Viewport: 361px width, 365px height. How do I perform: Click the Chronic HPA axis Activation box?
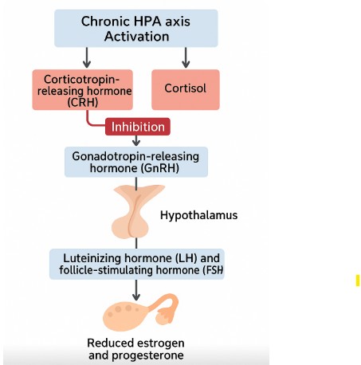pyautogui.click(x=136, y=29)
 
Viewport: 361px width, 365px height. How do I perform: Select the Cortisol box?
pyautogui.click(x=186, y=89)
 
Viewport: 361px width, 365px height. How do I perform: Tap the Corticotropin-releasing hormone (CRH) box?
pyautogui.click(x=83, y=89)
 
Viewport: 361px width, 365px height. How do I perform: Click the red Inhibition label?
pyautogui.click(x=138, y=127)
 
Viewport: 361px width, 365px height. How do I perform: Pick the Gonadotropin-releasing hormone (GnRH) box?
pyautogui.click(x=136, y=162)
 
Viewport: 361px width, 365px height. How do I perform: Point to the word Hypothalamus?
pyautogui.click(x=198, y=215)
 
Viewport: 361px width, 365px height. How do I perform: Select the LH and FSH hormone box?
pyautogui.click(x=137, y=264)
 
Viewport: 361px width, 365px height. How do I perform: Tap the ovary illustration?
pyautogui.click(x=140, y=312)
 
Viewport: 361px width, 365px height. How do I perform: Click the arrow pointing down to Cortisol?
pyautogui.click(x=186, y=57)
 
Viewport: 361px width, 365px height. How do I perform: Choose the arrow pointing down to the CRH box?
pyautogui.click(x=87, y=57)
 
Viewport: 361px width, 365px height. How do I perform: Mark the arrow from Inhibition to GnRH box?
pyautogui.click(x=136, y=140)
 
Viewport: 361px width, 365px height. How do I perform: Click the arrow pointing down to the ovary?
pyautogui.click(x=136, y=290)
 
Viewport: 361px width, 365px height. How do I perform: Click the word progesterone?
pyautogui.click(x=147, y=355)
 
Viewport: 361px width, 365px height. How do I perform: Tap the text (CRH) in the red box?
pyautogui.click(x=83, y=102)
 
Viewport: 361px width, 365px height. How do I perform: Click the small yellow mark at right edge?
pyautogui.click(x=358, y=281)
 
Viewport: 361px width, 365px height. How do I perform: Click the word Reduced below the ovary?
pyautogui.click(x=112, y=343)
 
